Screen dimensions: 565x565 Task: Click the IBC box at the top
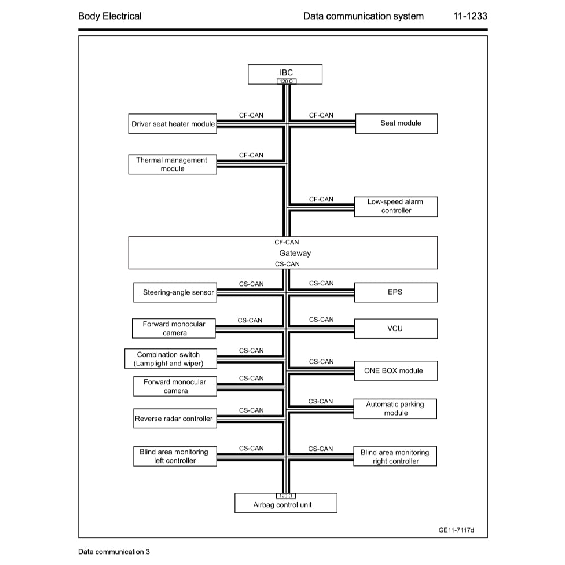tap(285, 73)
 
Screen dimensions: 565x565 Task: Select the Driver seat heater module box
tap(173, 124)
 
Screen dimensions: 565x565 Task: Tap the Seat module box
tap(396, 123)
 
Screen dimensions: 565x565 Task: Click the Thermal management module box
tap(173, 164)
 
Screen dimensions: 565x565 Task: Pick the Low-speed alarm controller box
tap(396, 206)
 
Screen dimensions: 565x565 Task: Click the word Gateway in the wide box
tap(295, 253)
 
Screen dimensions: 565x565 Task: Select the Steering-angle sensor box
tap(175, 292)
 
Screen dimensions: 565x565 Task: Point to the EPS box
tap(396, 292)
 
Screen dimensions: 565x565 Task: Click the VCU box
tap(396, 328)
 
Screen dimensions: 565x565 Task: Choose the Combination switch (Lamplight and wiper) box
tap(168, 359)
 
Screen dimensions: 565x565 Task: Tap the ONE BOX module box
tap(396, 370)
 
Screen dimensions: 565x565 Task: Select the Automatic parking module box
tap(396, 409)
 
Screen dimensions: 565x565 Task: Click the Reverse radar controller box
tap(174, 419)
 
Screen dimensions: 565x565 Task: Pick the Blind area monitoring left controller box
tap(174, 456)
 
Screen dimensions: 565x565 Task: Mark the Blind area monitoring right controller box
tap(396, 456)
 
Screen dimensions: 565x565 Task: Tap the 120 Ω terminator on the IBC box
tap(285, 82)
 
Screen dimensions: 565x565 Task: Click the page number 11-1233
tap(470, 16)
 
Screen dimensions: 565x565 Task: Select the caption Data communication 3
tap(114, 552)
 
